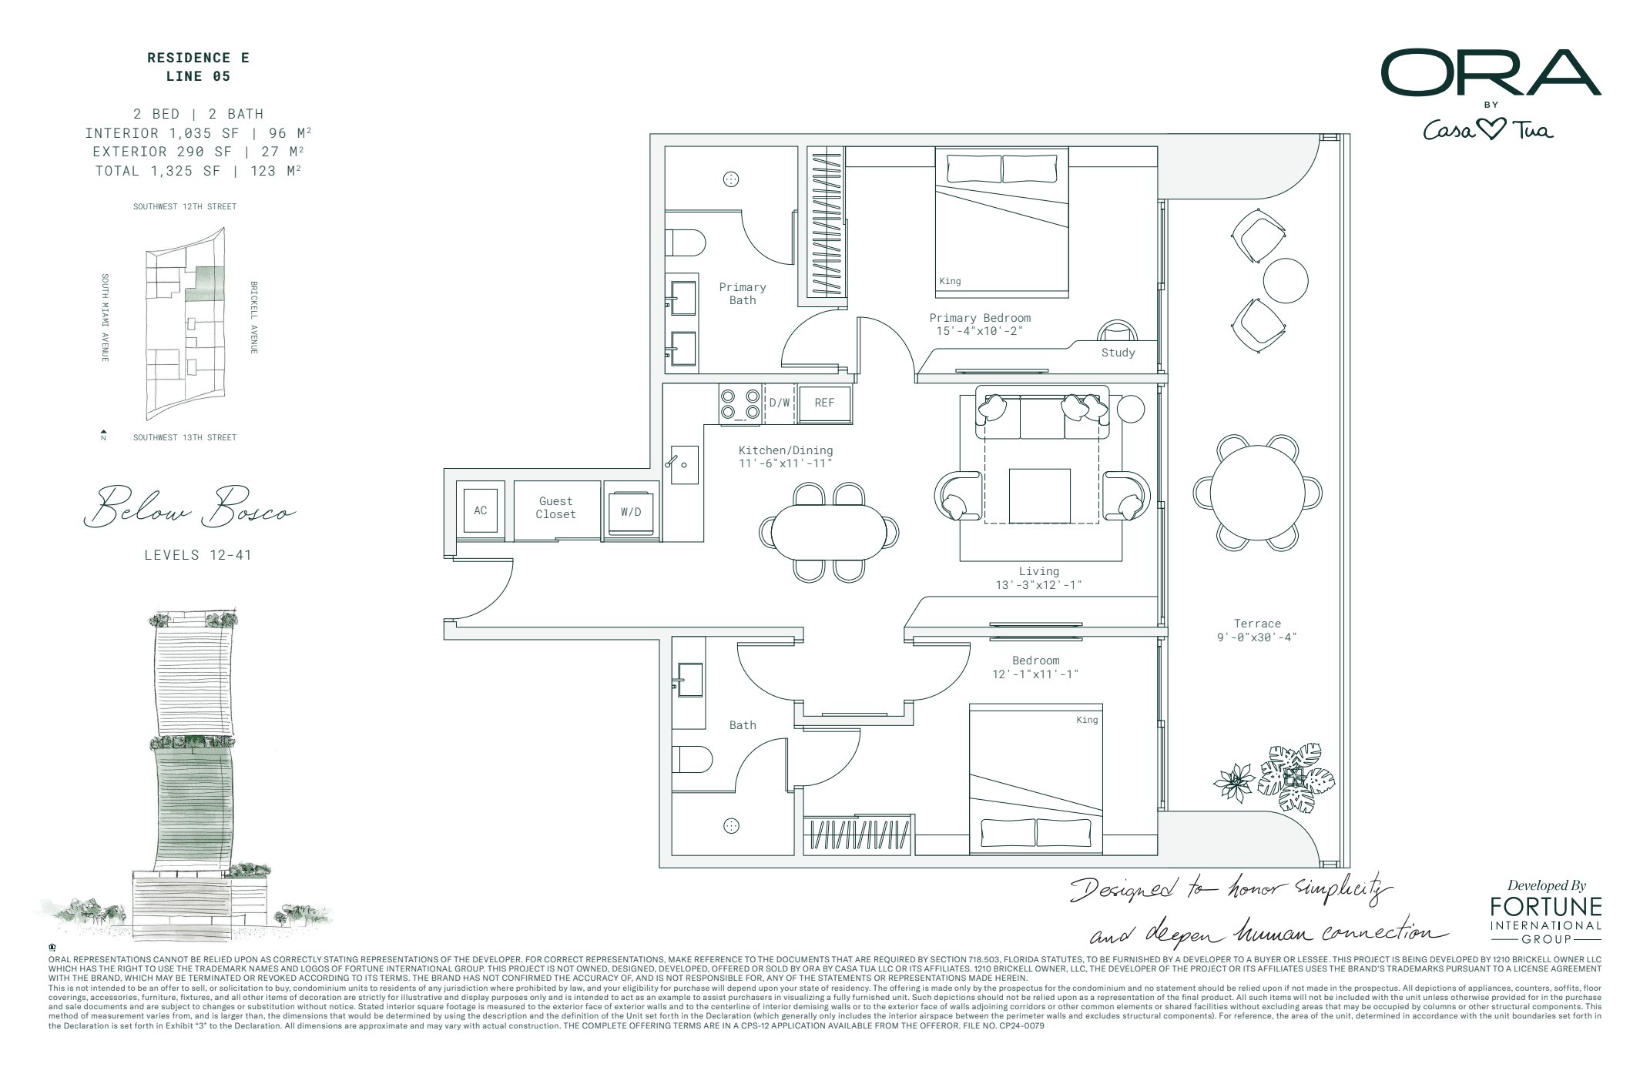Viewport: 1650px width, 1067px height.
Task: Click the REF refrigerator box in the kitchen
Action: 824,403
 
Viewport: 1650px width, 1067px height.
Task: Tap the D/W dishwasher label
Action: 780,403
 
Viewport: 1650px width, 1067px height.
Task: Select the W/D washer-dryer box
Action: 631,510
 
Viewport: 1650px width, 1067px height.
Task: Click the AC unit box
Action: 480,510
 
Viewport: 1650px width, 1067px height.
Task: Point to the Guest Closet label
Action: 556,508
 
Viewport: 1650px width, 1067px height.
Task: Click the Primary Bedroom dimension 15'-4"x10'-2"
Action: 979,331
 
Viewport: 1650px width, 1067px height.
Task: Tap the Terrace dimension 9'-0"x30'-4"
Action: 1257,637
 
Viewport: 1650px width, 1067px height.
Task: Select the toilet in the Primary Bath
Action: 686,243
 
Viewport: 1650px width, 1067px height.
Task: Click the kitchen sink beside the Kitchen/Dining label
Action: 684,464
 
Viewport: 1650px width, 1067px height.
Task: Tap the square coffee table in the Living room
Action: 1040,496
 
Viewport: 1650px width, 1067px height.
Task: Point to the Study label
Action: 1118,353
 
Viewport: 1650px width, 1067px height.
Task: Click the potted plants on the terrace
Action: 1279,778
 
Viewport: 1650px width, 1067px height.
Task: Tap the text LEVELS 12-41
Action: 198,555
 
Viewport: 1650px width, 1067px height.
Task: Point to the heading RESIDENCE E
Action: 198,58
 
